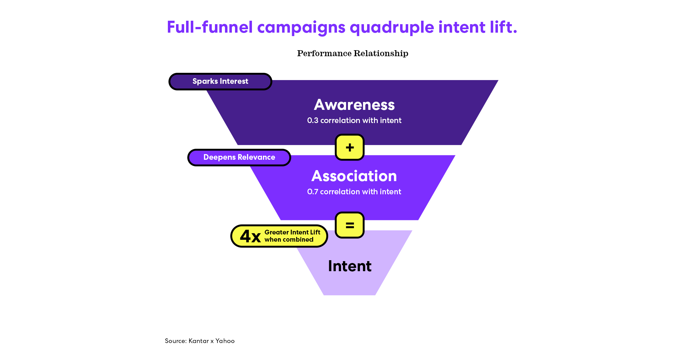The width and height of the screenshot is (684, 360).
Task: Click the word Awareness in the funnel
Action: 354,105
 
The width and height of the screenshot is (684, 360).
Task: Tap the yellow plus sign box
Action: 350,147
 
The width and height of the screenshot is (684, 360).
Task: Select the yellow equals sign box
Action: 350,225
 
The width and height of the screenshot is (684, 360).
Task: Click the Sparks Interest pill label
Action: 220,82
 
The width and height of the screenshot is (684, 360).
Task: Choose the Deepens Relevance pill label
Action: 239,158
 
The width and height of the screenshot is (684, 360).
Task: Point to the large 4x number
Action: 250,236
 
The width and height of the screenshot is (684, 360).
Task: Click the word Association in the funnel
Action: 354,176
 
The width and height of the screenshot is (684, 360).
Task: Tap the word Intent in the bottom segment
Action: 350,266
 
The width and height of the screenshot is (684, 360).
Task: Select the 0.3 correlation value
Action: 313,121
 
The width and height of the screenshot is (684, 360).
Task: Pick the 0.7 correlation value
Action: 313,192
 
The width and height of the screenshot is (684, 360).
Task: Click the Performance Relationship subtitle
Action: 353,53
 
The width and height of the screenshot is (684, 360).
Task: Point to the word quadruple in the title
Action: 392,27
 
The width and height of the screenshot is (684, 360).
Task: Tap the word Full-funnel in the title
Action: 210,27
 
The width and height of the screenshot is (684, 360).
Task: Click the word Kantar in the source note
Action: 199,341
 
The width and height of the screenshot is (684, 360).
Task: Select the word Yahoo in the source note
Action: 225,341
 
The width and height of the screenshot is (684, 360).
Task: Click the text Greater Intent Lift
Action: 292,232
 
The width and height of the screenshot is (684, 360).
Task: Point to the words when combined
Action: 289,240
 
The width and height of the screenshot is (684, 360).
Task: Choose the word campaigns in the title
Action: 301,27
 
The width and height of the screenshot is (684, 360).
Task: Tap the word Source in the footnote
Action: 175,341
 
